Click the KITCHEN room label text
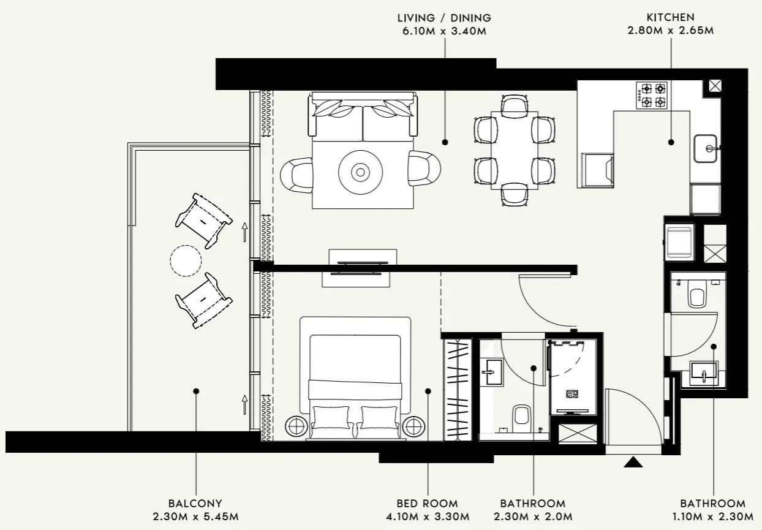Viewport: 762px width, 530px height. (x=671, y=18)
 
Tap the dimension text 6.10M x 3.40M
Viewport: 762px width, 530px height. (x=444, y=31)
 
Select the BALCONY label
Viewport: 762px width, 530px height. (x=195, y=504)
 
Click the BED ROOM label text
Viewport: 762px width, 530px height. (x=428, y=504)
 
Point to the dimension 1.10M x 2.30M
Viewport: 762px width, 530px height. (x=713, y=517)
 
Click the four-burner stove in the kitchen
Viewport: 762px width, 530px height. (x=652, y=96)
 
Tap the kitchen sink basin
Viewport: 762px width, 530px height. (x=707, y=148)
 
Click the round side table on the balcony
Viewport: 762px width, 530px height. (x=186, y=260)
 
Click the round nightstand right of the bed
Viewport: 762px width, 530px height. (x=415, y=425)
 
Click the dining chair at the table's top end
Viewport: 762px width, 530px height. (x=513, y=105)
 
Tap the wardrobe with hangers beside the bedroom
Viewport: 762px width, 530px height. (x=457, y=388)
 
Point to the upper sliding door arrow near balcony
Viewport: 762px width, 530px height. (x=244, y=230)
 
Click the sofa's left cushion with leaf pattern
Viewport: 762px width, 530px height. (x=337, y=110)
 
